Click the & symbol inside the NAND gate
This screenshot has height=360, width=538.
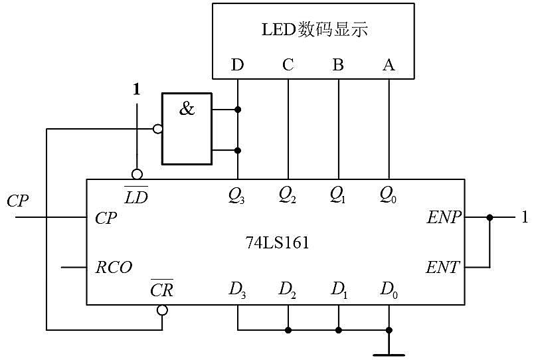[x=187, y=108]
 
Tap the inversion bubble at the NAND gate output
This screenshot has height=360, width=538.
[x=158, y=129]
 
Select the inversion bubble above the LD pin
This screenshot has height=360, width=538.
[x=137, y=174]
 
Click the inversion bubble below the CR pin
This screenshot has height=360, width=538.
[x=162, y=310]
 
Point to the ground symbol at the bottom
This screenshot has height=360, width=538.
[x=389, y=355]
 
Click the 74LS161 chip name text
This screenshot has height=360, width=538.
[x=277, y=243]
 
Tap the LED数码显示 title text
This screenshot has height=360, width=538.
[x=315, y=29]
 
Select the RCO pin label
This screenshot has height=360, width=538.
[x=114, y=267]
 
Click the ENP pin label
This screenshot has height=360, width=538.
[x=444, y=217]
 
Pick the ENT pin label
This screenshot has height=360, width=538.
[x=442, y=267]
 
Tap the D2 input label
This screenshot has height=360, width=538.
[x=287, y=290]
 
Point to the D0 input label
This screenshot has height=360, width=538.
[x=389, y=290]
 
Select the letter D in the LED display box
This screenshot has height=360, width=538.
[x=237, y=64]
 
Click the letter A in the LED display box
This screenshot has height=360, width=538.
[x=389, y=64]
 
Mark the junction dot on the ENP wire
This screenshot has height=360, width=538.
[x=490, y=217]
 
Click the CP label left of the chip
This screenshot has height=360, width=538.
[x=17, y=201]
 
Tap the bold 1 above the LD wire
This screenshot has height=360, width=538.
[x=137, y=90]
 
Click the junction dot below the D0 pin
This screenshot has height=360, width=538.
[x=389, y=330]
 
